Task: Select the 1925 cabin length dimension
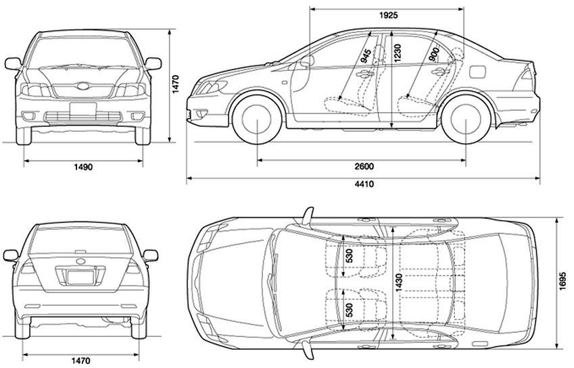[x=387, y=14]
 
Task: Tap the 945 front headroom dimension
[x=366, y=57]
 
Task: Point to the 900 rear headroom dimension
[x=433, y=55]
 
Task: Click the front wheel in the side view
[x=258, y=120]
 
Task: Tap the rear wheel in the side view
[x=467, y=120]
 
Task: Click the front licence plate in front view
[x=83, y=109]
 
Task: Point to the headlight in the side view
[x=210, y=86]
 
